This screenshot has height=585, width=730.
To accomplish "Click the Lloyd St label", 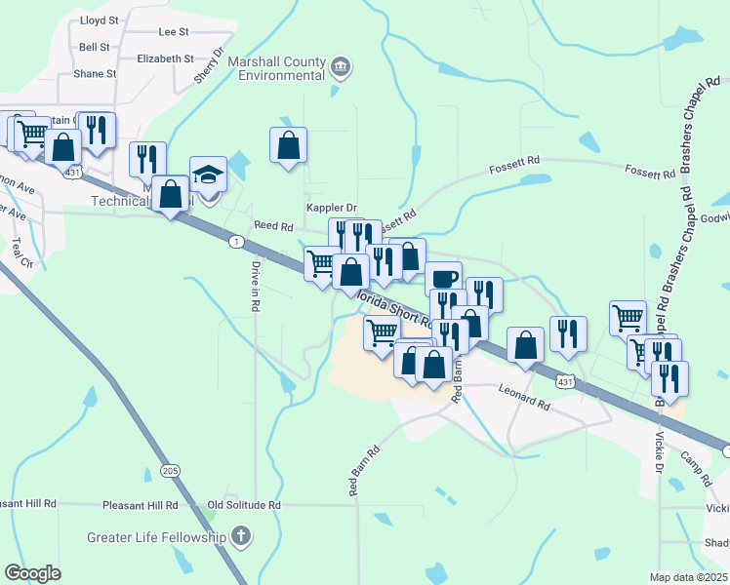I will click(x=99, y=19).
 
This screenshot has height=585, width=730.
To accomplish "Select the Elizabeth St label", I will click(x=166, y=58).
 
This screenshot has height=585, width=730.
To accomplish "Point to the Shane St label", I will click(x=95, y=73).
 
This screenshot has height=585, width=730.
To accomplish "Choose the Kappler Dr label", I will click(x=332, y=208).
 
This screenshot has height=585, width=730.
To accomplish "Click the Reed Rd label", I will click(x=273, y=225).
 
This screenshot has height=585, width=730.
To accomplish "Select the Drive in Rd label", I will click(x=256, y=285).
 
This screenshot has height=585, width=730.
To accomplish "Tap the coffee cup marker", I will click(x=443, y=278).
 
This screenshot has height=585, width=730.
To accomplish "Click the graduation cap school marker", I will click(x=208, y=174).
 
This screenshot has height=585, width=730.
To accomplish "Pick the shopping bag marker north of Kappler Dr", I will click(x=289, y=145).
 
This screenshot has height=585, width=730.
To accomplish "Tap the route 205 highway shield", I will click(x=172, y=471).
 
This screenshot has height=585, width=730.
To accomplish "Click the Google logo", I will click(x=32, y=572).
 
